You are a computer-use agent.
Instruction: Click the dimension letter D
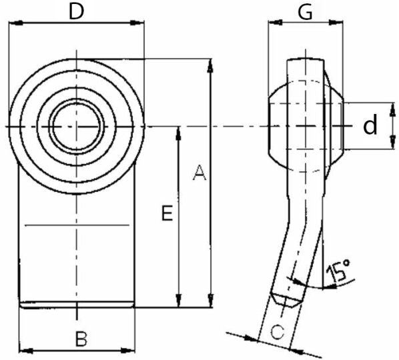point(76,12)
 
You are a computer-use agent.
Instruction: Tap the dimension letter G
point(306,12)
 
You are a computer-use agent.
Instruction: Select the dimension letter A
point(199,173)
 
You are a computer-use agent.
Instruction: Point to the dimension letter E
point(167,213)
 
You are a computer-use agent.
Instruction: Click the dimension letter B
point(81,339)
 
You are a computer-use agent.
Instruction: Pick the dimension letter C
point(277,332)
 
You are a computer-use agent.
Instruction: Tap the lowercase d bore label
point(370,125)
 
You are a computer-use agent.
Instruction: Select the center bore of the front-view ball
point(77,126)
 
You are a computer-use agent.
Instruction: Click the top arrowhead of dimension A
point(210,65)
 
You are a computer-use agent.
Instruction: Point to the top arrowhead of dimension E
point(179,133)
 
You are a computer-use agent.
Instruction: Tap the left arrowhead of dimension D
point(16,23)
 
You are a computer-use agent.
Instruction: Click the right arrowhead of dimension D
point(137,23)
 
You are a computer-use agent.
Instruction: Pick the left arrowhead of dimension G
point(276,23)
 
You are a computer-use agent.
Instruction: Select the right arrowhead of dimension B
point(128,351)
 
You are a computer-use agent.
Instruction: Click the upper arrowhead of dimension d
point(392,109)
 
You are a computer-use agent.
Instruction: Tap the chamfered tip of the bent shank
point(286,300)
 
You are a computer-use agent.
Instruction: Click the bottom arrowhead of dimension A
point(211,301)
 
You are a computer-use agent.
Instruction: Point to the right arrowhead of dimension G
point(336,23)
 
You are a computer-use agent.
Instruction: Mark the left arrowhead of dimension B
point(26,351)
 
